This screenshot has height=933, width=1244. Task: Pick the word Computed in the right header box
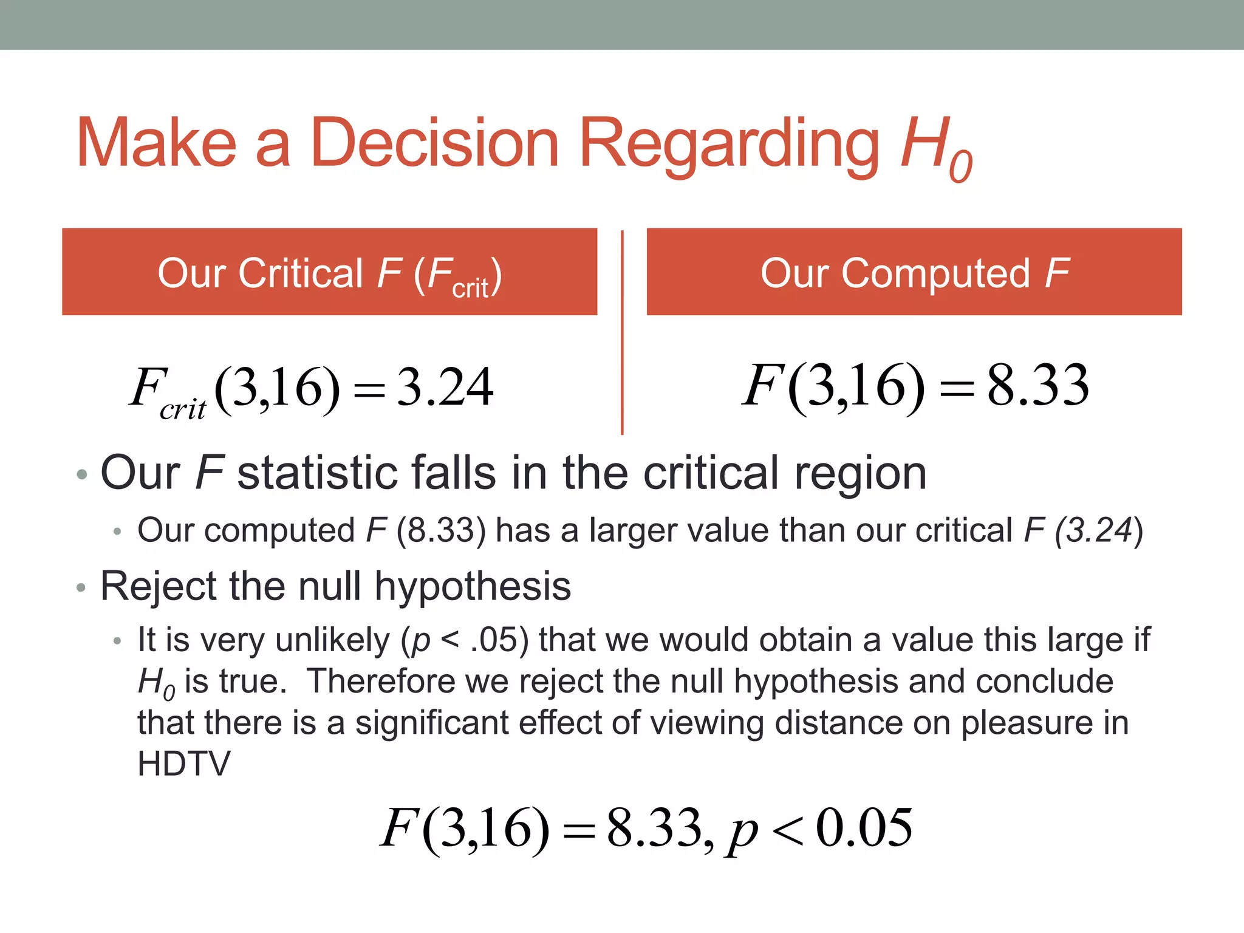(x=935, y=274)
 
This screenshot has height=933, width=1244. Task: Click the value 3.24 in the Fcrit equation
(x=445, y=387)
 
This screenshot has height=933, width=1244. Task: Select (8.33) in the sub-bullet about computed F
(x=441, y=530)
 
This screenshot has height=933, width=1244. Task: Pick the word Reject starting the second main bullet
(x=159, y=586)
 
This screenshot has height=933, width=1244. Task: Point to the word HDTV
(x=184, y=764)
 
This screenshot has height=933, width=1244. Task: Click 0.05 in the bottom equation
(x=864, y=827)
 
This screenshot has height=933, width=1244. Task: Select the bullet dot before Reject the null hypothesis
(x=81, y=587)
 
